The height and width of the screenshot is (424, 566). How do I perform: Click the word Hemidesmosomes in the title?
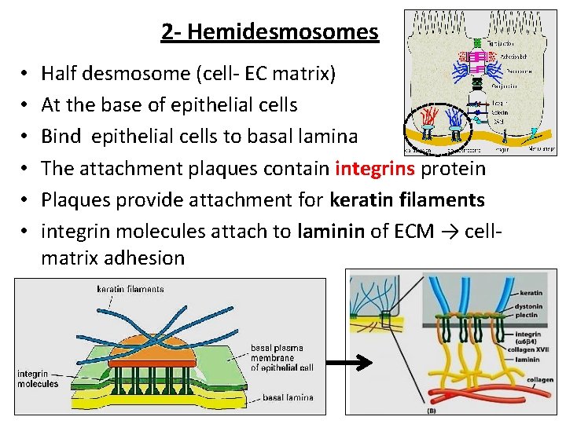pyautogui.click(x=283, y=32)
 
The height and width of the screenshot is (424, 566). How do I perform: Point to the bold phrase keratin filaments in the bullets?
pyautogui.click(x=406, y=200)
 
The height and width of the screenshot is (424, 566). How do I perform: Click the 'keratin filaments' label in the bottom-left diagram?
pyautogui.click(x=130, y=289)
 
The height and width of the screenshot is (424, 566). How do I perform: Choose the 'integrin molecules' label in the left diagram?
pyautogui.click(x=38, y=378)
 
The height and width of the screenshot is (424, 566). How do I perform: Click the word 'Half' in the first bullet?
pyautogui.click(x=60, y=74)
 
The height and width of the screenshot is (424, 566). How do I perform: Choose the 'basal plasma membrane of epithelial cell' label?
pyautogui.click(x=281, y=356)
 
